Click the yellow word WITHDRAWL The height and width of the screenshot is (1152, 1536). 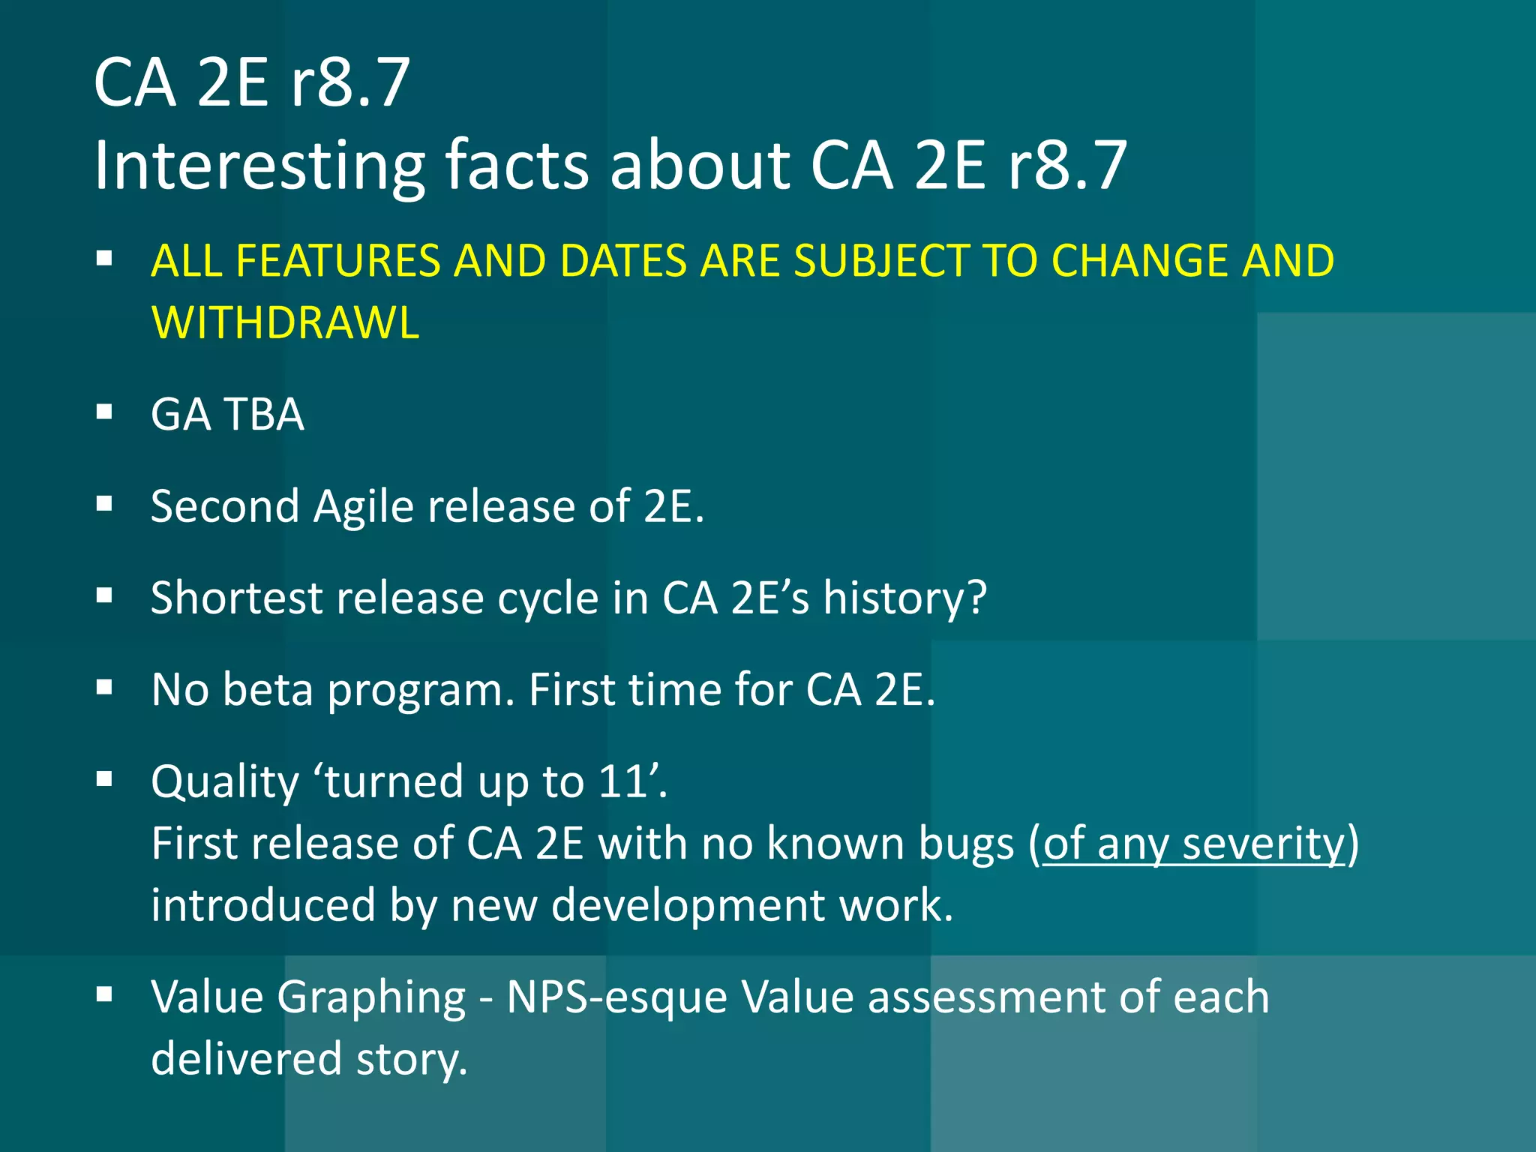(x=285, y=323)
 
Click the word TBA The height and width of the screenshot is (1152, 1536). (x=264, y=414)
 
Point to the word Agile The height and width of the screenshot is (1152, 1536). (x=364, y=507)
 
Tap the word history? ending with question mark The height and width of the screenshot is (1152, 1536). (x=904, y=598)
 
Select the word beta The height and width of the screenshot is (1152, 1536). (x=268, y=689)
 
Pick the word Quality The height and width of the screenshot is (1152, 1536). (x=225, y=783)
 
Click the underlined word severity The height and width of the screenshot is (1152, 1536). (x=1264, y=844)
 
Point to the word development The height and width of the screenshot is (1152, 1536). (x=688, y=905)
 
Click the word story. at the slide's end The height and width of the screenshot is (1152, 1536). (x=411, y=1060)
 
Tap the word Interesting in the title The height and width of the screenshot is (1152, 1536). (x=259, y=166)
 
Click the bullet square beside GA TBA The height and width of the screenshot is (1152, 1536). (x=104, y=412)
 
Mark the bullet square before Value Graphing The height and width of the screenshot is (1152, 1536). (x=104, y=994)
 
